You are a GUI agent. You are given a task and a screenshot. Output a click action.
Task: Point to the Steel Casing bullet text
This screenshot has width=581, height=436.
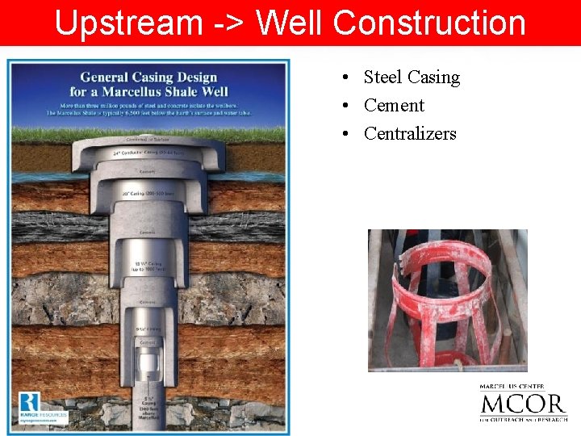point(412,78)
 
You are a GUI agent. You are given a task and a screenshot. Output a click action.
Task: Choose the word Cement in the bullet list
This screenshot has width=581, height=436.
point(394,106)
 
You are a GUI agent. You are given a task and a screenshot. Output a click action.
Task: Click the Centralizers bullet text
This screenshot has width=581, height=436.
point(410,134)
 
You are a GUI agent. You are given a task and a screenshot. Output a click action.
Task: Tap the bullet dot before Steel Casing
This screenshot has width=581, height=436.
point(345,78)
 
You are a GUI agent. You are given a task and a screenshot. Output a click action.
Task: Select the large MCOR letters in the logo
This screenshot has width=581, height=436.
point(523,404)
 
